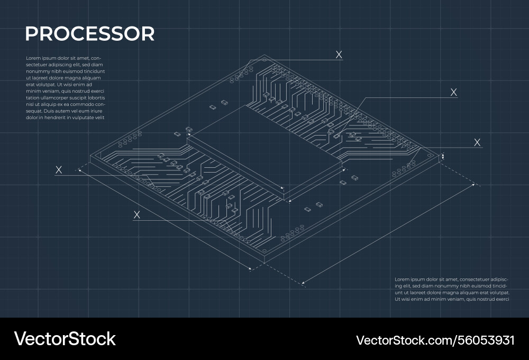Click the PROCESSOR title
89,34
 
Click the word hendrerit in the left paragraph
52,118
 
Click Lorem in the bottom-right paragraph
403,279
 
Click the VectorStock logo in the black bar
65,339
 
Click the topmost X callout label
339,54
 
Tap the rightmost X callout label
477,142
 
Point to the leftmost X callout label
59,169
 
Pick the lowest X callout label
136,214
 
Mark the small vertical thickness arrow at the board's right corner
443,156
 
